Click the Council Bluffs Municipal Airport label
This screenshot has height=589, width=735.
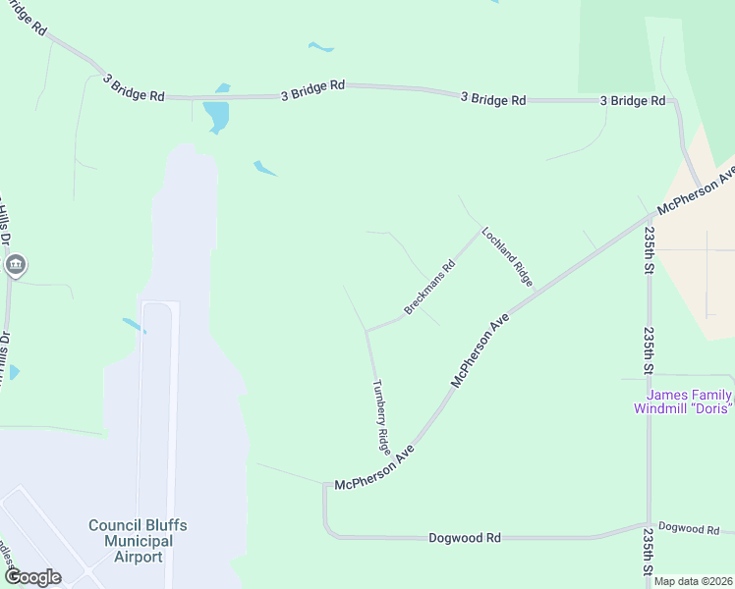pos(137,541)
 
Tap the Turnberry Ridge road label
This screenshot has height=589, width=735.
pos(380,415)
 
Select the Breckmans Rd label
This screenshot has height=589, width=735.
pos(430,288)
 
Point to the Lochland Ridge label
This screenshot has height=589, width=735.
pos(506,257)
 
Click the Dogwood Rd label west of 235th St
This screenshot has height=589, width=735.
pos(465,538)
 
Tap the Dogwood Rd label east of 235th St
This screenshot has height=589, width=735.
pos(689,529)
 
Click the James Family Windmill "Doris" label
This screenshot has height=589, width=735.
pos(683,402)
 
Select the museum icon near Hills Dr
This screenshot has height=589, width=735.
pos(16,265)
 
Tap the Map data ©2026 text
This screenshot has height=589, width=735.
pos(692,581)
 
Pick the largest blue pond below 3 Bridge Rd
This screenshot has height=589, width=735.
pos(215,116)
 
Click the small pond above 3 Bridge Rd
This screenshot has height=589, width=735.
pos(320,46)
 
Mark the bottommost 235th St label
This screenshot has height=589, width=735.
pos(649,556)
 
